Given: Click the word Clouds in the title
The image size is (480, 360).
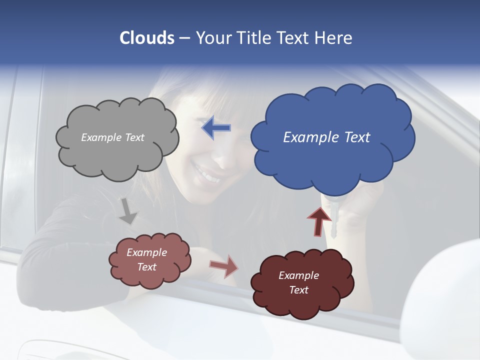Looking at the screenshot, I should (x=147, y=38).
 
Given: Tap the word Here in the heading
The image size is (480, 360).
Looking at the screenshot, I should (x=333, y=38).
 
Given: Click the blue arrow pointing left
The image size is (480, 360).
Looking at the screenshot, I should (x=216, y=128).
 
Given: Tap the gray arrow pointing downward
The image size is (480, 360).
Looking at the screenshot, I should (x=128, y=211).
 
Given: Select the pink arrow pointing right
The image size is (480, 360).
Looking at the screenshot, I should (x=224, y=266).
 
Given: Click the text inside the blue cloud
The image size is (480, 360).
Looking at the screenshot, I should (x=326, y=137).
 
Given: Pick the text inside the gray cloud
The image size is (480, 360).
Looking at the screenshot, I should (x=112, y=137).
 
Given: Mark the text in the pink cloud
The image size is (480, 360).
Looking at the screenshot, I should (x=146, y=259).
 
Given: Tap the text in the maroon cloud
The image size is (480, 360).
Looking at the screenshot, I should (x=298, y=282).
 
